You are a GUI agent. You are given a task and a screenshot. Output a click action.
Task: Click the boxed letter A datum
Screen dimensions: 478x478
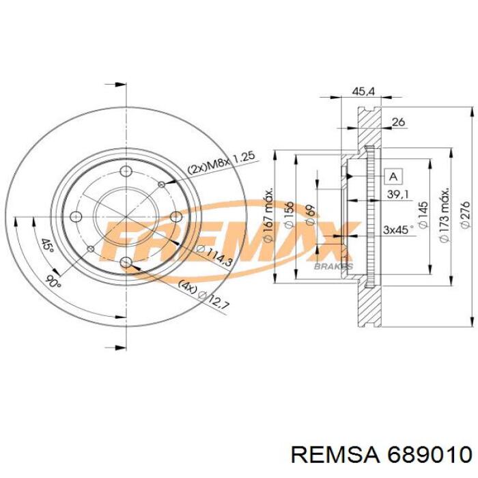(x=393, y=176)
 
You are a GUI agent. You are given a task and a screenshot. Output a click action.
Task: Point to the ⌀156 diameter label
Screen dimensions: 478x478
(x=289, y=215)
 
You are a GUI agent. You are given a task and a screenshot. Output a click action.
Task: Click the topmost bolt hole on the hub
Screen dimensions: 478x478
(x=125, y=173)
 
